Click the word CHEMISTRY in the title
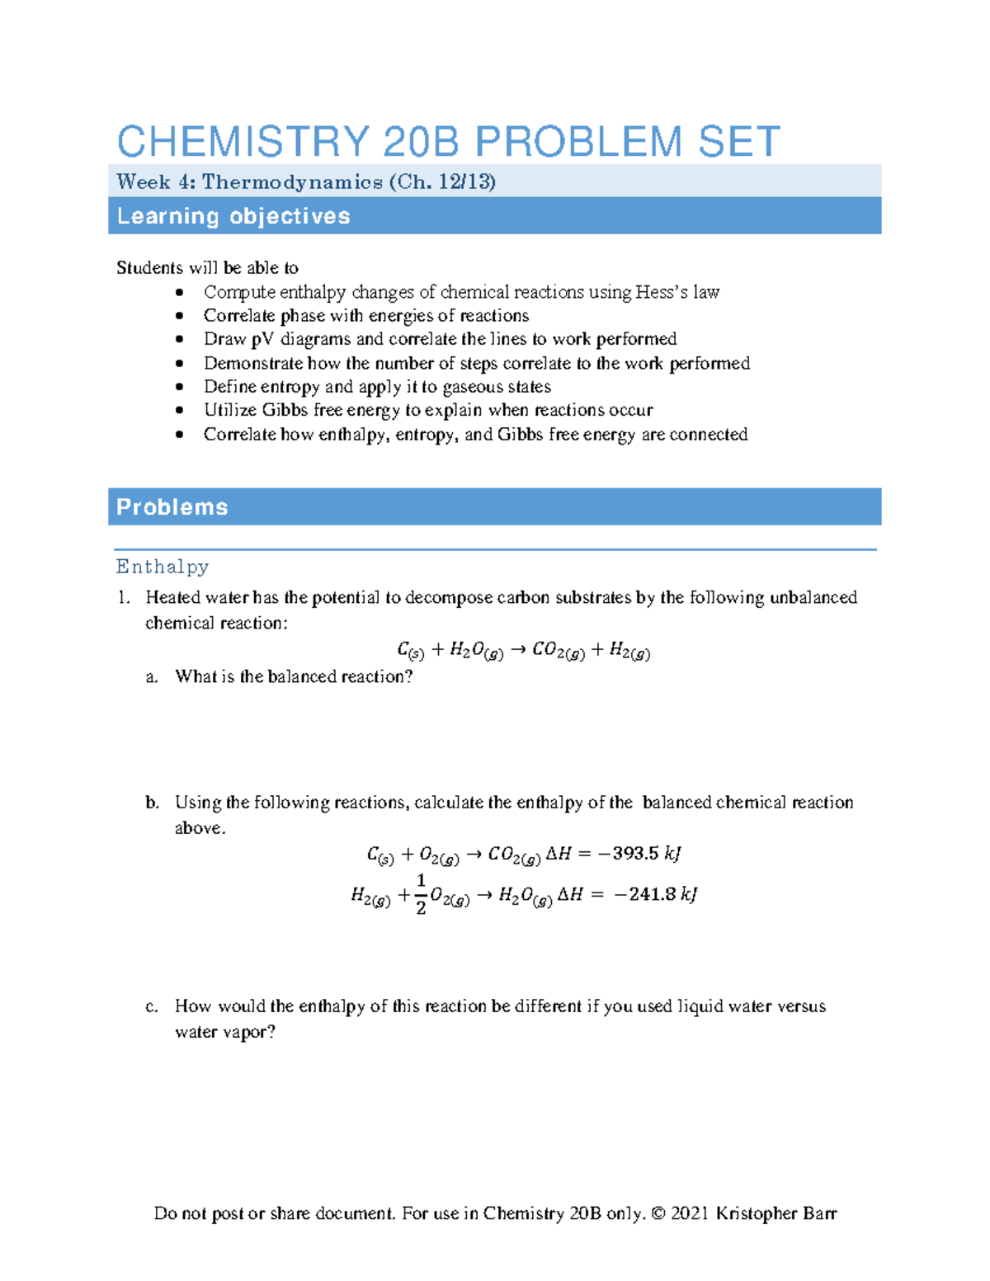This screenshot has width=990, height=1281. [x=243, y=142]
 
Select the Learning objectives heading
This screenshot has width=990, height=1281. [x=233, y=216]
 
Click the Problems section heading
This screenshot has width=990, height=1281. [x=172, y=506]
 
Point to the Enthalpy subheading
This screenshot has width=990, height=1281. [x=163, y=567]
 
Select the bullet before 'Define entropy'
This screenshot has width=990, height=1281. [x=180, y=387]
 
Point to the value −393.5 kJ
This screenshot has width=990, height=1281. [x=639, y=853]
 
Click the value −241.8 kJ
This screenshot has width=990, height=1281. [x=656, y=894]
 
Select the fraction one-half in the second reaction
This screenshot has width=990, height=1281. [x=421, y=894]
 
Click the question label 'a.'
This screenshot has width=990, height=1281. [x=152, y=677]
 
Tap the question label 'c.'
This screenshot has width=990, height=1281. [x=152, y=1006]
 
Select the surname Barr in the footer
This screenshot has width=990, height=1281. [x=818, y=1213]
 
